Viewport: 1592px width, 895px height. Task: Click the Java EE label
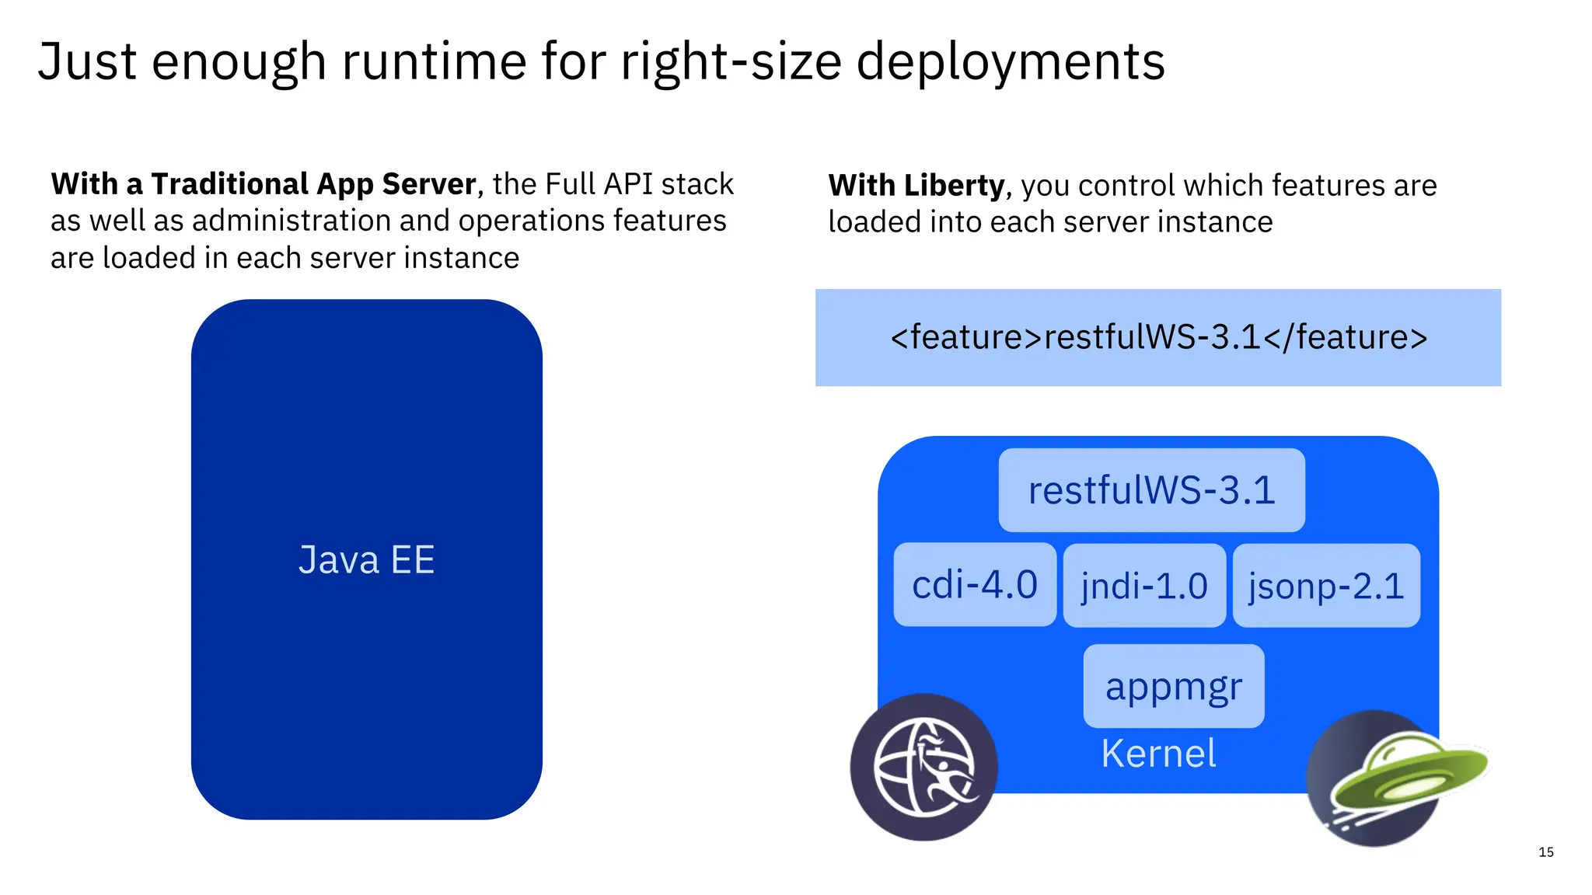(366, 560)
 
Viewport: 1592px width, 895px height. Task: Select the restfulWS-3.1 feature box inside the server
(1151, 490)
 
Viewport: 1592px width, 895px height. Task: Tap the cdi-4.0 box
(975, 585)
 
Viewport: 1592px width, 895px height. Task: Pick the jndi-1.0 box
(1144, 586)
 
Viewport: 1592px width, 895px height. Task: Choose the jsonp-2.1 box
(1326, 586)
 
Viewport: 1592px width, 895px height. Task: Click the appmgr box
(1174, 686)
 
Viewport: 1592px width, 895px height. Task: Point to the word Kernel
(1158, 754)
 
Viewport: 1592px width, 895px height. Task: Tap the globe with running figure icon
(923, 767)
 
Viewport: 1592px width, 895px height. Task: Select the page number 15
(1545, 852)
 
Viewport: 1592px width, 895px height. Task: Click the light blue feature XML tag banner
(1158, 337)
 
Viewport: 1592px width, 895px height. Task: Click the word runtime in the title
(435, 62)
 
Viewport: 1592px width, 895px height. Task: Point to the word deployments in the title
(1011, 62)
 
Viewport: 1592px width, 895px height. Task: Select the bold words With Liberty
(916, 186)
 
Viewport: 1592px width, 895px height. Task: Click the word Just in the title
(87, 62)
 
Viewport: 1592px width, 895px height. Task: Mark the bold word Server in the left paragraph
(429, 184)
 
